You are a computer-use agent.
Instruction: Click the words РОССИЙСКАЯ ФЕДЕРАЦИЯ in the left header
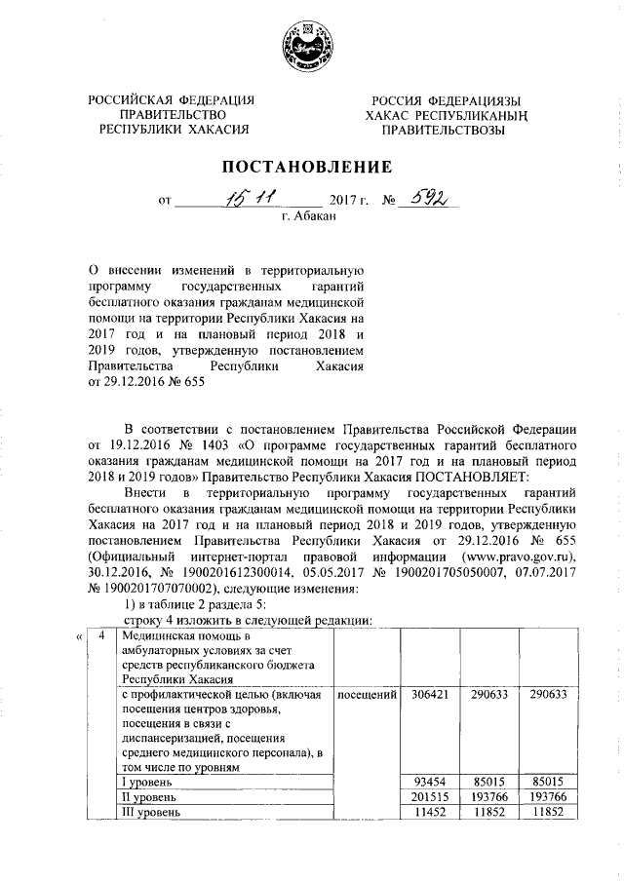(x=172, y=100)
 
